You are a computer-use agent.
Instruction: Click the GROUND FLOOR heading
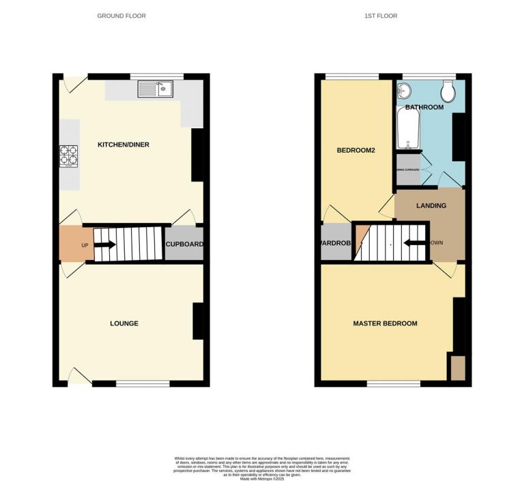point(121,16)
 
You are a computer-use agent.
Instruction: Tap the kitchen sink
point(156,88)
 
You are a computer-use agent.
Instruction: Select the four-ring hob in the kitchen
point(69,156)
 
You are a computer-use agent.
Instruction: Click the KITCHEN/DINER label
point(123,145)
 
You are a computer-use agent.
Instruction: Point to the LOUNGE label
point(123,323)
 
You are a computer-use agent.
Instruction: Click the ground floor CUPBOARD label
point(184,244)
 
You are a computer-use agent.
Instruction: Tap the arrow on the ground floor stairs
point(106,244)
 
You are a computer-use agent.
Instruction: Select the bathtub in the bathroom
point(408,130)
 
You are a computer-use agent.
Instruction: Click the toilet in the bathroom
point(448,91)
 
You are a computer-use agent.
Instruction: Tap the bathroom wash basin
point(403,89)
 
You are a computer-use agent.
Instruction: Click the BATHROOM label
point(424,107)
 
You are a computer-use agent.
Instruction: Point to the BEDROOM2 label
point(356,151)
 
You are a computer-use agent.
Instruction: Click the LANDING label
point(431,205)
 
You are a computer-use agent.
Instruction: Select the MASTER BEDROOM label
point(385,323)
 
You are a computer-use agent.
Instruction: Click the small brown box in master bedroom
point(456,368)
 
